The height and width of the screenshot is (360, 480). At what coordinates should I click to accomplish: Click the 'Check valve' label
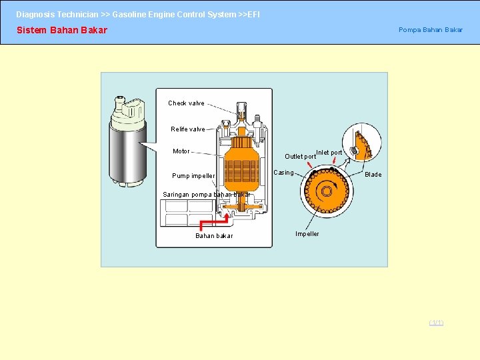pos(186,103)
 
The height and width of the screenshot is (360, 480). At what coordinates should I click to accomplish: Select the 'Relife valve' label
pos(187,129)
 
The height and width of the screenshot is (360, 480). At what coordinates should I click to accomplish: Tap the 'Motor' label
pos(181,151)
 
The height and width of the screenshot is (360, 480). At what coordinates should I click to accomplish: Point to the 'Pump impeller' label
pos(193,176)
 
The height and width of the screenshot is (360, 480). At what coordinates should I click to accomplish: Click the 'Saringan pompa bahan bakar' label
pos(207,195)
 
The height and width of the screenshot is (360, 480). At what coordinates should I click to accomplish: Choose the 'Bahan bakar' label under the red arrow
pos(214,236)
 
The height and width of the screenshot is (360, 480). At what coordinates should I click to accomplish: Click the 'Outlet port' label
pos(300,157)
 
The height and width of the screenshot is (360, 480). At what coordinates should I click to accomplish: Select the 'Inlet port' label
pos(329,153)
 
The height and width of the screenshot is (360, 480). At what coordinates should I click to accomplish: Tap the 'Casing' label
pos(284,173)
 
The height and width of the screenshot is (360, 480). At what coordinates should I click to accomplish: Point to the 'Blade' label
pos(373,175)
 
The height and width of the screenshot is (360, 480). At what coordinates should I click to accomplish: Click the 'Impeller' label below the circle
pos(307,234)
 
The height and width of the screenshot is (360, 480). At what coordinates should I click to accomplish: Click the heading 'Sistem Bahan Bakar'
pos(61,30)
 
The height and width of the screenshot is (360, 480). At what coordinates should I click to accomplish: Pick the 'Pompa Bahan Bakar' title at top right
pos(430,30)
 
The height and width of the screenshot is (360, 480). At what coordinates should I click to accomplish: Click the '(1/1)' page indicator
pos(436,323)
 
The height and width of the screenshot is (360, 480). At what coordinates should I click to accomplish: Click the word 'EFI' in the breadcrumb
pos(253,14)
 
